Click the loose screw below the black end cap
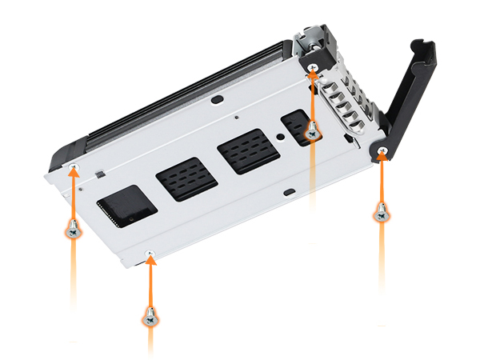74,230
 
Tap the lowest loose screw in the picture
149,317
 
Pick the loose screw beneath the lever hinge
382,213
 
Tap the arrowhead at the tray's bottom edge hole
149,261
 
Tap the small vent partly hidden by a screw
298,126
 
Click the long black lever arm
408,95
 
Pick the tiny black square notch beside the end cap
98,173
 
